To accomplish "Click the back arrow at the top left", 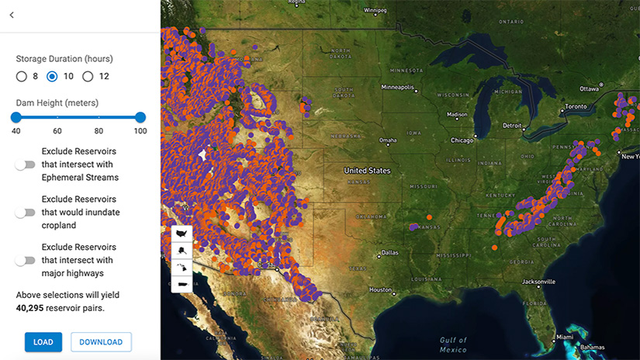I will tap(12, 15).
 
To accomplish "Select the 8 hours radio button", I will tap(22, 76).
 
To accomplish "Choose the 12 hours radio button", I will tap(88, 76).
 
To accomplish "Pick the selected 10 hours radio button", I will tap(53, 76).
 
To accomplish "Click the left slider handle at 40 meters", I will tap(16, 117).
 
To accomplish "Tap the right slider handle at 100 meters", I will tap(140, 117).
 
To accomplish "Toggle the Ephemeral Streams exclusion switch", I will tap(26, 164).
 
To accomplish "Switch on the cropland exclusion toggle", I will tap(26, 213).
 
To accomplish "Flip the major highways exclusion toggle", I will tap(26, 261).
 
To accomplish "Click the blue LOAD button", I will tap(43, 342).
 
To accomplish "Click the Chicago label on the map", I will tap(462, 140).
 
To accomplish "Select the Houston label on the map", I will tap(380, 289).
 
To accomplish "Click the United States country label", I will tap(368, 170).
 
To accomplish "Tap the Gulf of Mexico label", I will tap(454, 344).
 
